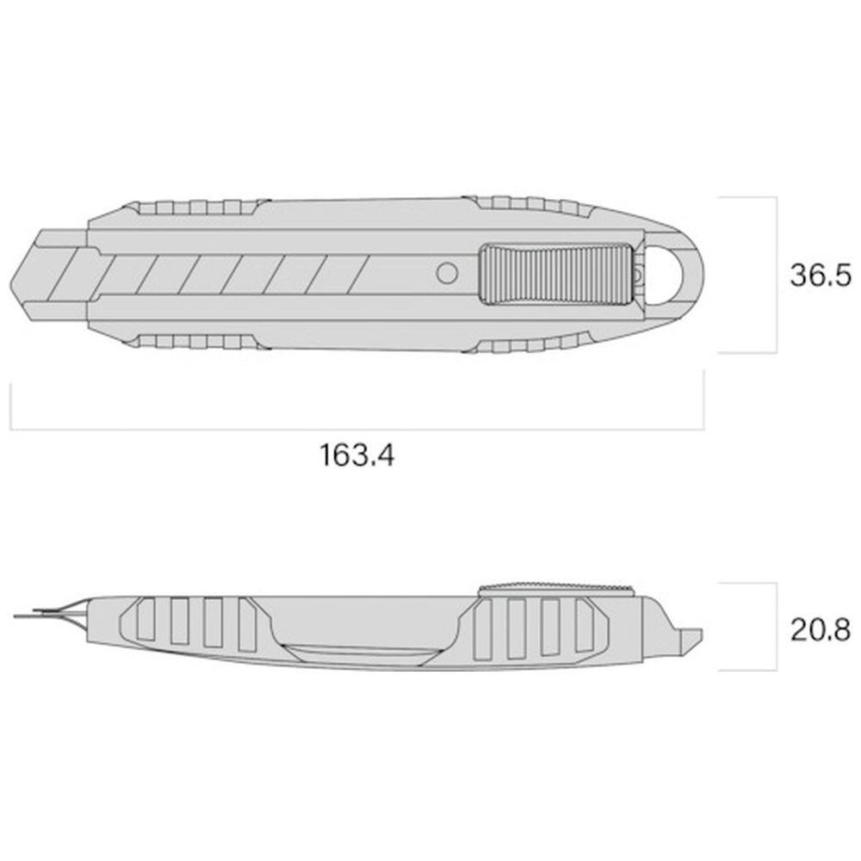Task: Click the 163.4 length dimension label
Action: [x=357, y=455]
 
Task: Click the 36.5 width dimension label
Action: [x=820, y=275]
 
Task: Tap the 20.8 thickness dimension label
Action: [x=820, y=629]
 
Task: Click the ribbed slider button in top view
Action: [x=556, y=274]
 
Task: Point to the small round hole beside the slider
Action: [x=447, y=273]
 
